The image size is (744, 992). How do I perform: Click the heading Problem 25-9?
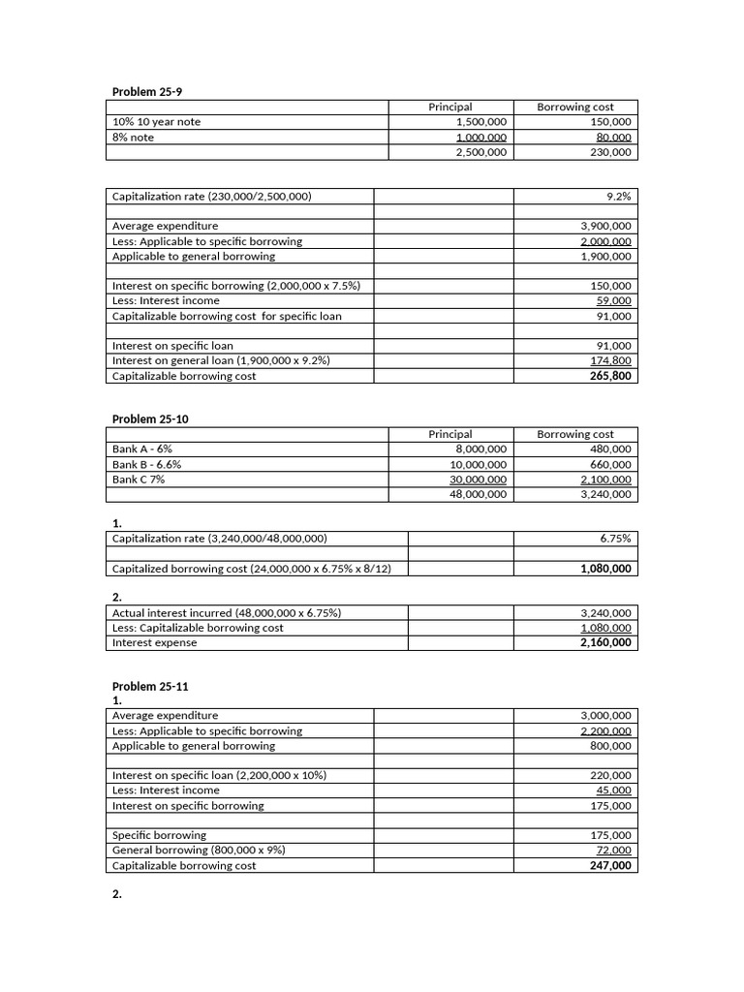tap(147, 91)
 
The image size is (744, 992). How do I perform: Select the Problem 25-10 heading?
tap(150, 418)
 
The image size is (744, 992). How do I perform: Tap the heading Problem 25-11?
tap(150, 686)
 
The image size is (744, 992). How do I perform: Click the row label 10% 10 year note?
tap(157, 122)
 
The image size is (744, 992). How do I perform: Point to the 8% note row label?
tap(134, 138)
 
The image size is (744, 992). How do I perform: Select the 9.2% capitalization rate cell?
tap(618, 196)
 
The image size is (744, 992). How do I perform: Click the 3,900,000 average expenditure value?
tap(605, 226)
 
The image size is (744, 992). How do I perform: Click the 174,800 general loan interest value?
tap(610, 360)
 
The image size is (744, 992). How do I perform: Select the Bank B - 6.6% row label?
tap(147, 464)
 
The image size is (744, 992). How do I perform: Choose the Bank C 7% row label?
tap(139, 479)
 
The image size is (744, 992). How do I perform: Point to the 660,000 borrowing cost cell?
tap(610, 464)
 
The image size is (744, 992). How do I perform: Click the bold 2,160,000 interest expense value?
tap(605, 642)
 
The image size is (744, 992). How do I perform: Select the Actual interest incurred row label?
tap(227, 613)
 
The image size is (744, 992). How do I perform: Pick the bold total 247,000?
tap(610, 865)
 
